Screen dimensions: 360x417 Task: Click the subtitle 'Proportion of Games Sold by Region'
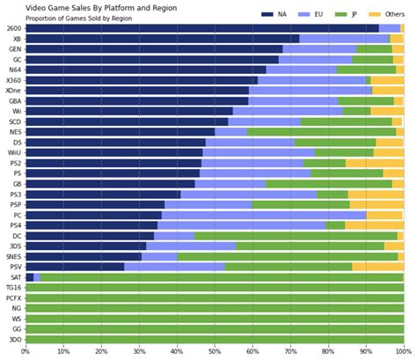coord(78,18)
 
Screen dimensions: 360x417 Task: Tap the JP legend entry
coord(355,14)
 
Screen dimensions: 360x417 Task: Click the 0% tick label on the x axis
coord(26,353)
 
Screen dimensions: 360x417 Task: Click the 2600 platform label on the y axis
coord(13,28)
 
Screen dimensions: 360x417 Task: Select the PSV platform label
coord(14,267)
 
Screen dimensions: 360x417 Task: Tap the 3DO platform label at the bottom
coord(14,339)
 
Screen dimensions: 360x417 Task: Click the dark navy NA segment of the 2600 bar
coord(201,28)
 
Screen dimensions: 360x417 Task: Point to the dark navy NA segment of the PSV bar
coord(75,267)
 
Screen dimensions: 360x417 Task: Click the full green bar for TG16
coord(215,287)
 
